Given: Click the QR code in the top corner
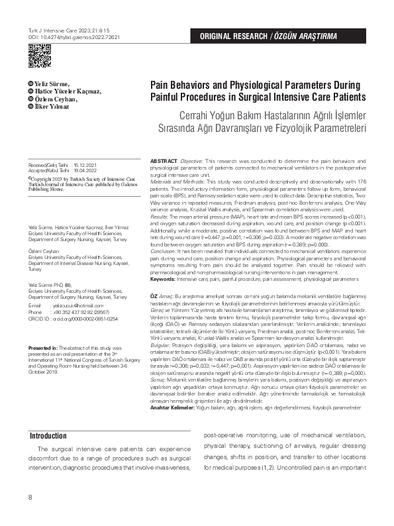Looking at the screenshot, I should [x=39, y=59].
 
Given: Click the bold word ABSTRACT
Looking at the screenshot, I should [x=164, y=162].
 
